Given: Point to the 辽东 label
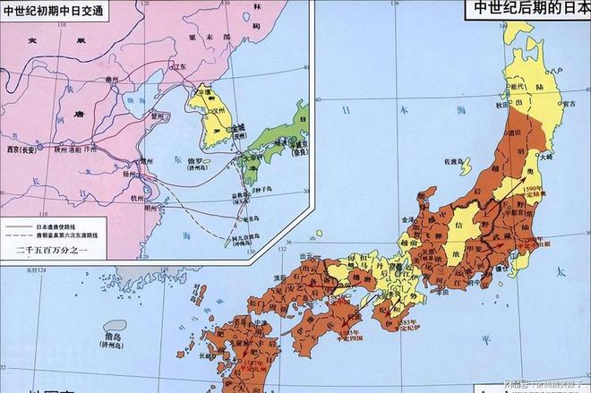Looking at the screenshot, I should point(179,67).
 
